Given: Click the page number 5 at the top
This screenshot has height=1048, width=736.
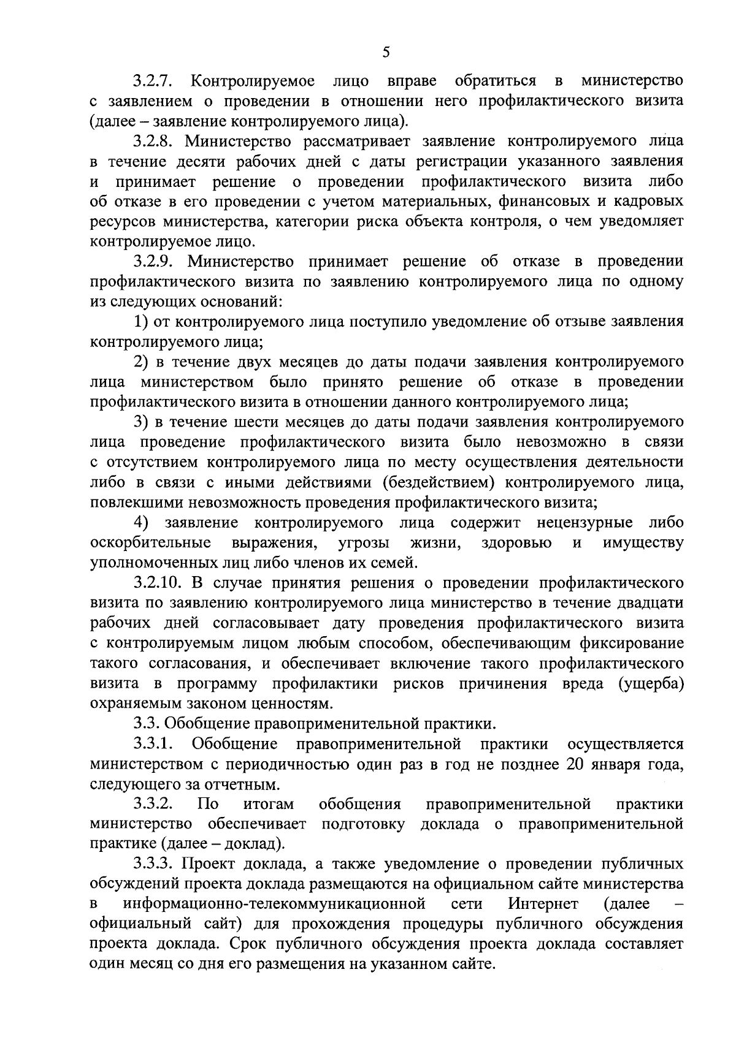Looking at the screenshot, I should (386, 52).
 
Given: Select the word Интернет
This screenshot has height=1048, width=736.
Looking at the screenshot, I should (543, 904).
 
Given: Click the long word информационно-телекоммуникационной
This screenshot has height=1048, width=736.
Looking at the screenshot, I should (275, 904).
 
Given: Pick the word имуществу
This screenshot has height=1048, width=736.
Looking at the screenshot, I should (643, 543).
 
